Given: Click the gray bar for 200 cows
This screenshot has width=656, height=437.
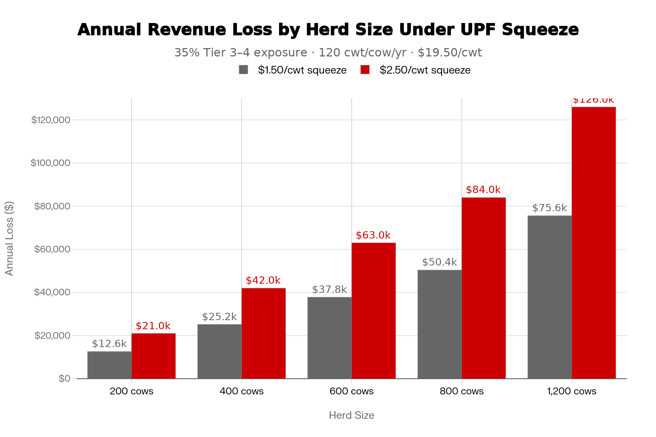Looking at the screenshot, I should pos(109,365).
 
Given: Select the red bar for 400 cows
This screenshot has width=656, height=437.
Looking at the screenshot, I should pos(263,333).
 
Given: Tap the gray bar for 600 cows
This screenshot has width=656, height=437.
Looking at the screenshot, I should pos(329,338).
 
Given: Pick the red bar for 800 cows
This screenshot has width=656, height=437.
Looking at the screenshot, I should pos(484,288).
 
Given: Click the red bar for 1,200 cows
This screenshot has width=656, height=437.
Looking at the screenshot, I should pos(594,243).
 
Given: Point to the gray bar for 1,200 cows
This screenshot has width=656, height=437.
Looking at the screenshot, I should pos(550,297).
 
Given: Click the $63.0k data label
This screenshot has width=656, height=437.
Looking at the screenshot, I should pos(373,235).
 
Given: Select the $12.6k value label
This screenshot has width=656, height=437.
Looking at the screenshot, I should pos(109,344).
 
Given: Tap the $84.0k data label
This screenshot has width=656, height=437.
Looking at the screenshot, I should pos(483,190).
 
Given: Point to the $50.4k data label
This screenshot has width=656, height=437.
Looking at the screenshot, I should pos(440,262).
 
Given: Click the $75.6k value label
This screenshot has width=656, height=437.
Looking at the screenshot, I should pos(550,208).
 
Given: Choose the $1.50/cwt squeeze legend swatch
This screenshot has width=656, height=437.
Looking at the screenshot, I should pos(243,70).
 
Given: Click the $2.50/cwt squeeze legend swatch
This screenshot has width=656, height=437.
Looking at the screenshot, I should pos(365,70).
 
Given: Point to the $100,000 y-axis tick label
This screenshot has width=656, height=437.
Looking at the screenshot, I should pos(50,163).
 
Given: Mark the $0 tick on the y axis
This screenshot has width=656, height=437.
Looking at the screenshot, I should pos(65,379).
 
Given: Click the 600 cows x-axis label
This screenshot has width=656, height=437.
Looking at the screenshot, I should pos(351,391).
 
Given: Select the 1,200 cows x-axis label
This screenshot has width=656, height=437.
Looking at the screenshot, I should pos(571,391).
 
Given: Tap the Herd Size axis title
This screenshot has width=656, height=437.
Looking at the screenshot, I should pos(351,415).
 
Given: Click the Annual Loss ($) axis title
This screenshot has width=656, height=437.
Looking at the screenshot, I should pos(9,239).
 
